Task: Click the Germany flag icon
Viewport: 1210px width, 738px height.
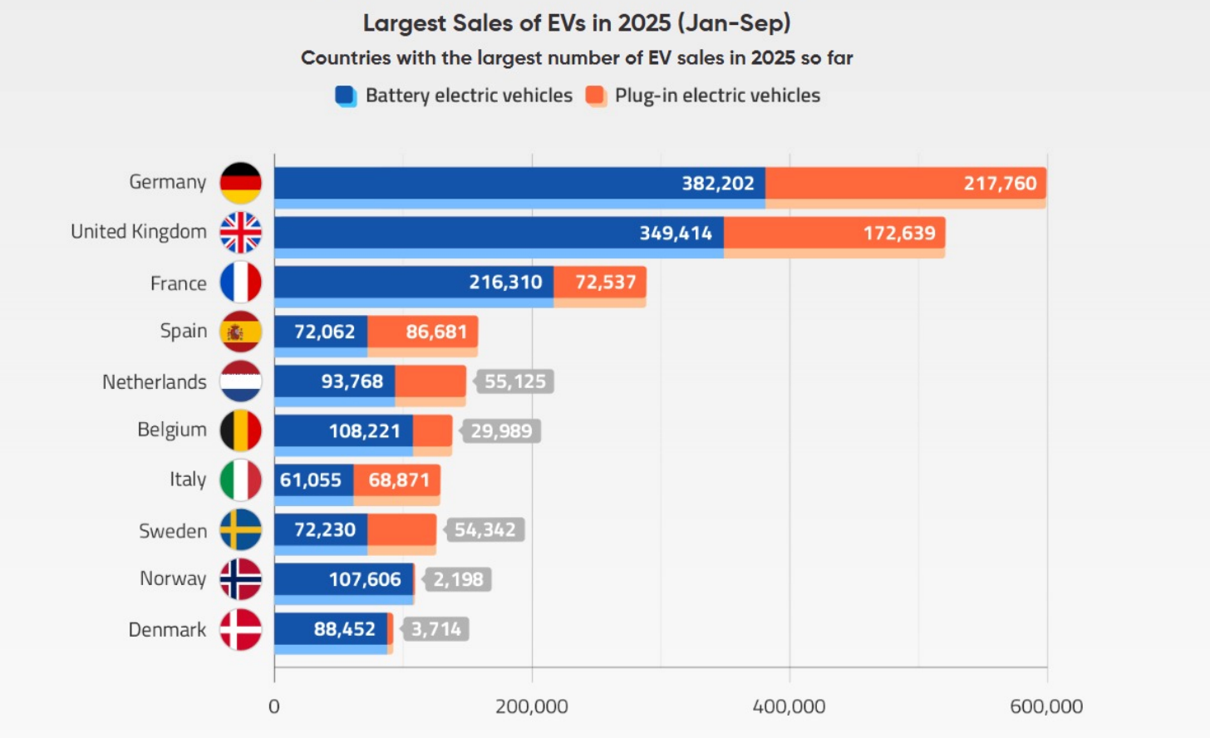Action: click(x=240, y=183)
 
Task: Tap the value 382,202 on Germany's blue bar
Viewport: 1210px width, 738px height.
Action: click(x=718, y=183)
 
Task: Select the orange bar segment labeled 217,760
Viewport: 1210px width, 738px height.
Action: click(x=905, y=183)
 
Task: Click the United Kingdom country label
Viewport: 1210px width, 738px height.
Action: click(x=139, y=232)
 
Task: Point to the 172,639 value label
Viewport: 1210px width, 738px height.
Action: click(x=899, y=233)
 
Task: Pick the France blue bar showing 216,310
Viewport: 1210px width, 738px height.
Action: click(x=414, y=282)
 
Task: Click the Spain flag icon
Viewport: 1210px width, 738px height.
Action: click(x=240, y=332)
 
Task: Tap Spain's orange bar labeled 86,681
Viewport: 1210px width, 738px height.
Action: click(x=423, y=332)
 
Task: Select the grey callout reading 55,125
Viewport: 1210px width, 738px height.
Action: click(x=514, y=381)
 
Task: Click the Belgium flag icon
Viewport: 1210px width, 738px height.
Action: click(x=240, y=430)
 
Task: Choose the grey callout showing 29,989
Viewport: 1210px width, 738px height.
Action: click(x=501, y=430)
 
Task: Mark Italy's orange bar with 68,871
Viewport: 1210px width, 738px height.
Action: click(x=397, y=480)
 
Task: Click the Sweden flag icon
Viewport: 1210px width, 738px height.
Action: click(x=240, y=530)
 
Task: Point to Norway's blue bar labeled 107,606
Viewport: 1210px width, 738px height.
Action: click(x=343, y=579)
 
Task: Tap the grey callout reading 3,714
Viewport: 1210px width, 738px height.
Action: click(x=435, y=629)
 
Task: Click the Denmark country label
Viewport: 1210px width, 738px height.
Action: click(x=167, y=630)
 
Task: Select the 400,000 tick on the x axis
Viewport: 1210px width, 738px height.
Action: click(x=789, y=706)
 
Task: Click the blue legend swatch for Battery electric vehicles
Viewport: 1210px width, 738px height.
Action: click(x=346, y=96)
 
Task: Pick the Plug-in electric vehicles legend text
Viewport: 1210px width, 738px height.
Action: click(x=717, y=96)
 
